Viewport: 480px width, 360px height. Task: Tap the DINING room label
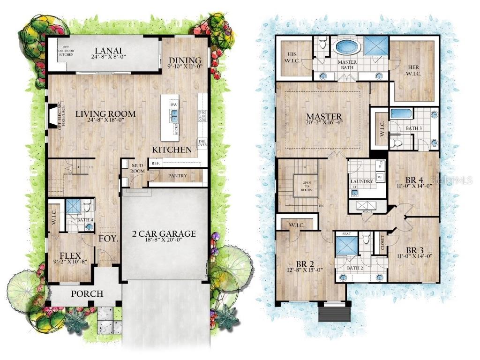tap(185, 60)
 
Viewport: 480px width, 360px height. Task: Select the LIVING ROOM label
tap(106, 113)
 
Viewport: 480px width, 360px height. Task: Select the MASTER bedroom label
tap(323, 116)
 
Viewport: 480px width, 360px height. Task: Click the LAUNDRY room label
tap(361, 181)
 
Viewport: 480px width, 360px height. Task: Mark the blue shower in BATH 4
tap(73, 207)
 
